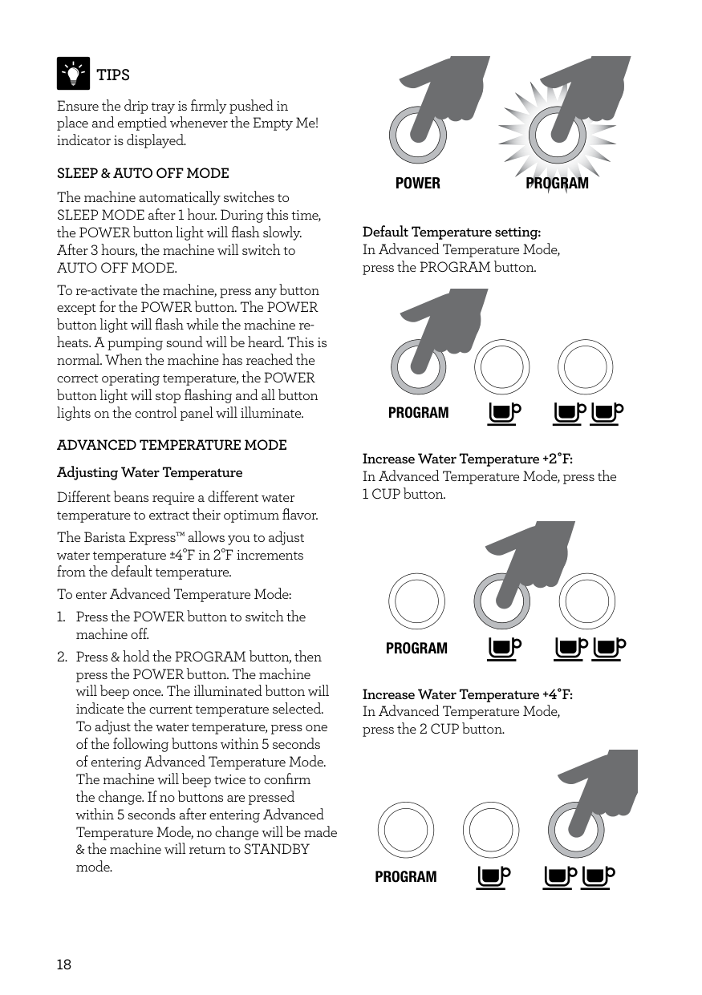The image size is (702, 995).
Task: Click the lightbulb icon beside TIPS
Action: click(73, 74)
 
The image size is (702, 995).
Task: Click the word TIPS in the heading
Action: click(113, 75)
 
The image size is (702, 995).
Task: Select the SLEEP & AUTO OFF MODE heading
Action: click(143, 173)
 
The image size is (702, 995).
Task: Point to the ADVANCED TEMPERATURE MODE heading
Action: click(172, 445)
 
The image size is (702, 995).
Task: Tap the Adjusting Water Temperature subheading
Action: click(149, 472)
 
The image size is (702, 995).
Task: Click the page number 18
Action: click(64, 965)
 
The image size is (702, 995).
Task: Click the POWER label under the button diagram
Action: click(418, 184)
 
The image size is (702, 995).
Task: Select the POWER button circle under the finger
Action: click(417, 134)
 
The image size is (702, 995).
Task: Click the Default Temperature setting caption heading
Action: click(452, 233)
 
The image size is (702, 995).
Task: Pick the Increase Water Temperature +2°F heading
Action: click(468, 459)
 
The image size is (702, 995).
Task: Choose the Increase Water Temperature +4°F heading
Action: click(468, 694)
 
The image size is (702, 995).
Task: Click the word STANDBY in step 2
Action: click(276, 850)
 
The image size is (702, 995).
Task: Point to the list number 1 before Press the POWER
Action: click(62, 617)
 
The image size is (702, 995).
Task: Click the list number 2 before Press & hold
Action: click(62, 657)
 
